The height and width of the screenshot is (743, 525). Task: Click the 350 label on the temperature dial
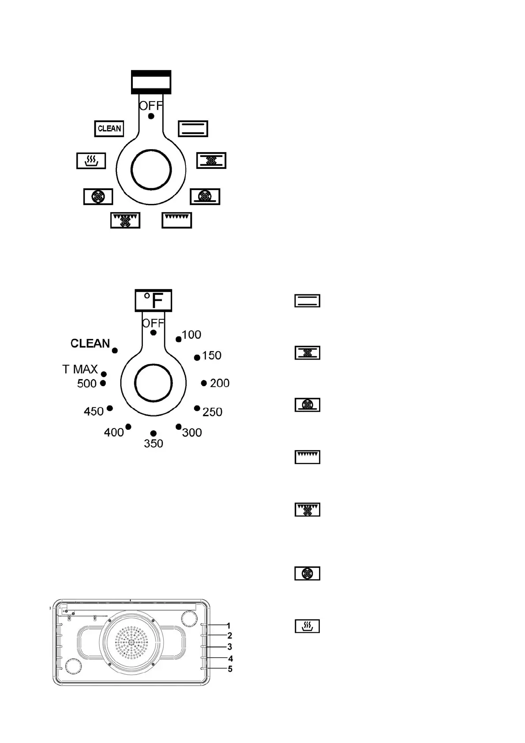point(153,443)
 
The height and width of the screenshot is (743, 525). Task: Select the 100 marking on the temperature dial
point(191,335)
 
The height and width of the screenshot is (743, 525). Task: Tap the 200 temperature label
point(220,383)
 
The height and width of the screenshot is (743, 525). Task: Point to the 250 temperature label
point(212,412)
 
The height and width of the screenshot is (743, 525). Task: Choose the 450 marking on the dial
point(94,412)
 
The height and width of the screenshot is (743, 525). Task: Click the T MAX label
point(80,369)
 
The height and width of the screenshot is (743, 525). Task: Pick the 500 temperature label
point(86,384)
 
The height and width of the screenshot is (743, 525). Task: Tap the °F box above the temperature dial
point(153,300)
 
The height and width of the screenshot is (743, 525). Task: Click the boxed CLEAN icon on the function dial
point(109,129)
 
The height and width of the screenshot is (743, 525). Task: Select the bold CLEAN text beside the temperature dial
point(90,343)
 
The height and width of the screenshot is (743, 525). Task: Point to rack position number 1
point(229,626)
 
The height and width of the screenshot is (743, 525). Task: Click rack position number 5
point(230,669)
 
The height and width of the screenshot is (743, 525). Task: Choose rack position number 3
point(229,647)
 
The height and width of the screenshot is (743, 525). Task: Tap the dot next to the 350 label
point(153,434)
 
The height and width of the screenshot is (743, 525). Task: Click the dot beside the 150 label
point(197,357)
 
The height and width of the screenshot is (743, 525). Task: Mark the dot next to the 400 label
point(128,427)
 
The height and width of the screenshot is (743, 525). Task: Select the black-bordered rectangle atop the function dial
point(151,82)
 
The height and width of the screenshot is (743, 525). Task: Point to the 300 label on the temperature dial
point(192,432)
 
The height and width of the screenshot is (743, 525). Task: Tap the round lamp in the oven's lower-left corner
point(72,666)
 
